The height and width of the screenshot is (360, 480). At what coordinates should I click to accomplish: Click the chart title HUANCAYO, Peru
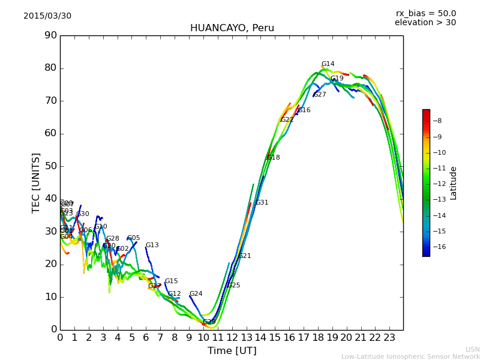tap(232, 28)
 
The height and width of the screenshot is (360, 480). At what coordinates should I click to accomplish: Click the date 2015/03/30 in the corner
tap(47, 16)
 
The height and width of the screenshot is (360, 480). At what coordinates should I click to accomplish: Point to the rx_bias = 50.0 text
tap(425, 13)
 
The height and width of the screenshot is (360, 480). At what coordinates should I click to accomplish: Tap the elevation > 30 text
tap(425, 23)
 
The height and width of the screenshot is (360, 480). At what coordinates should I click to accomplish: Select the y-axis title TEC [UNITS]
tap(36, 182)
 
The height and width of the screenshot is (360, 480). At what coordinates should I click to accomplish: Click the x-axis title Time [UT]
tap(232, 350)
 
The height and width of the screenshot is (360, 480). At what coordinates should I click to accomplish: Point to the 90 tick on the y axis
tap(50, 35)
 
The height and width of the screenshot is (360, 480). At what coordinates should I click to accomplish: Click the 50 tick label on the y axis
tap(50, 166)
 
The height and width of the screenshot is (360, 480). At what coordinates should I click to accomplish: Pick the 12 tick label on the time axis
tap(232, 338)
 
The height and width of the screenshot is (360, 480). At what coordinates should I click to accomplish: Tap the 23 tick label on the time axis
tap(389, 338)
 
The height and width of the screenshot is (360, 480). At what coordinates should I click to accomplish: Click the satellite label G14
tap(328, 64)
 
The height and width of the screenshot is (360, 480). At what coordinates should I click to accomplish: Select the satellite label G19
tap(337, 79)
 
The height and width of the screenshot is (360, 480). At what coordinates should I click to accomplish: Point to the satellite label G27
tap(320, 95)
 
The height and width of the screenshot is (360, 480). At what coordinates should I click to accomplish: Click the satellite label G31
tap(262, 203)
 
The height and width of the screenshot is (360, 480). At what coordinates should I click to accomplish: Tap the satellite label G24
tap(196, 294)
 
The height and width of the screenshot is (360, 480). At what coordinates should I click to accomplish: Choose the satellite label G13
tap(152, 245)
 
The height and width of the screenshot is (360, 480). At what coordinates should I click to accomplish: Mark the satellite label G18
tap(273, 158)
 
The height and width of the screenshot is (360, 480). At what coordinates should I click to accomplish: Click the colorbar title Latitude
tap(454, 183)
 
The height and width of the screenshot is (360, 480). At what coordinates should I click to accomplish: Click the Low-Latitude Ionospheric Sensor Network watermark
tap(410, 356)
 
